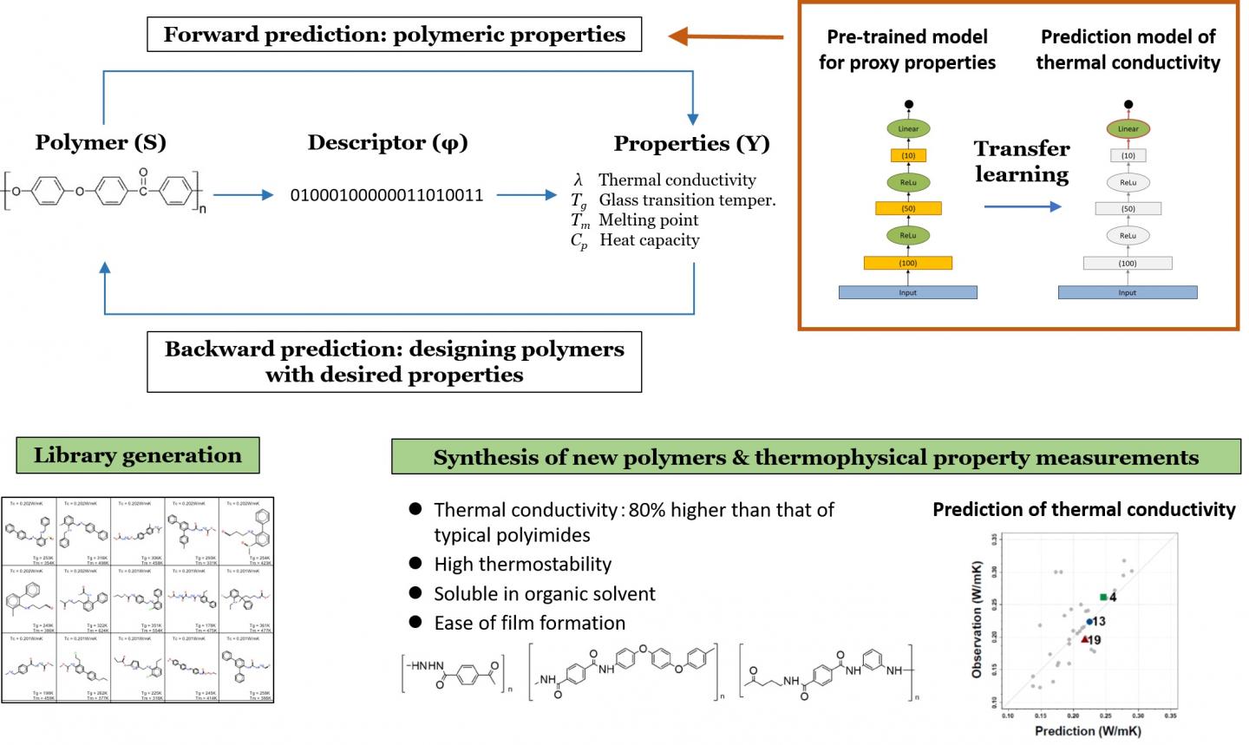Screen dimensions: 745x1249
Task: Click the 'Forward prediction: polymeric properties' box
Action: [x=395, y=36]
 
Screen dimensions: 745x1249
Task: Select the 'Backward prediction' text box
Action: [x=395, y=362]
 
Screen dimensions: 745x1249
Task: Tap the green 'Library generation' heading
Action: [x=138, y=455]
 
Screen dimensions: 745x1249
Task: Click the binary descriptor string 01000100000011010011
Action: [x=387, y=195]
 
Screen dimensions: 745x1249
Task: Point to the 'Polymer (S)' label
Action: [x=101, y=142]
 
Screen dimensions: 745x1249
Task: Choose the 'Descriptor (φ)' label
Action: [x=388, y=142]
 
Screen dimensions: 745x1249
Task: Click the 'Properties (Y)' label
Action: [x=691, y=143]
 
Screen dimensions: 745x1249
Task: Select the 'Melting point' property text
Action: [x=648, y=220]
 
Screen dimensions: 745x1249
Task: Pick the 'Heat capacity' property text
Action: [x=649, y=240]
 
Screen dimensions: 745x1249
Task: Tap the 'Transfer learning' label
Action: [x=1022, y=161]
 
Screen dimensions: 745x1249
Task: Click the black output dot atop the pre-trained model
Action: [x=908, y=104]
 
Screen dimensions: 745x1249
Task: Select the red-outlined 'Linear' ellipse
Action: [x=1128, y=129]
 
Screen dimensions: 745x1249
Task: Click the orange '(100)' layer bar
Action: [x=908, y=263]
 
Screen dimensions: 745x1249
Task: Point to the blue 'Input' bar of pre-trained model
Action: [x=908, y=292]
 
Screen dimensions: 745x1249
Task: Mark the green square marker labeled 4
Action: [x=1103, y=597]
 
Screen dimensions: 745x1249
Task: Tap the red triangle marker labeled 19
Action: [x=1084, y=639]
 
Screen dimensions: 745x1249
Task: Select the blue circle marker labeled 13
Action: [x=1089, y=621]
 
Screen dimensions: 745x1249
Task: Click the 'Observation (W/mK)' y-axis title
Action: [x=978, y=630]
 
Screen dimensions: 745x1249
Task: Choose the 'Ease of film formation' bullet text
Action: [x=529, y=623]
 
